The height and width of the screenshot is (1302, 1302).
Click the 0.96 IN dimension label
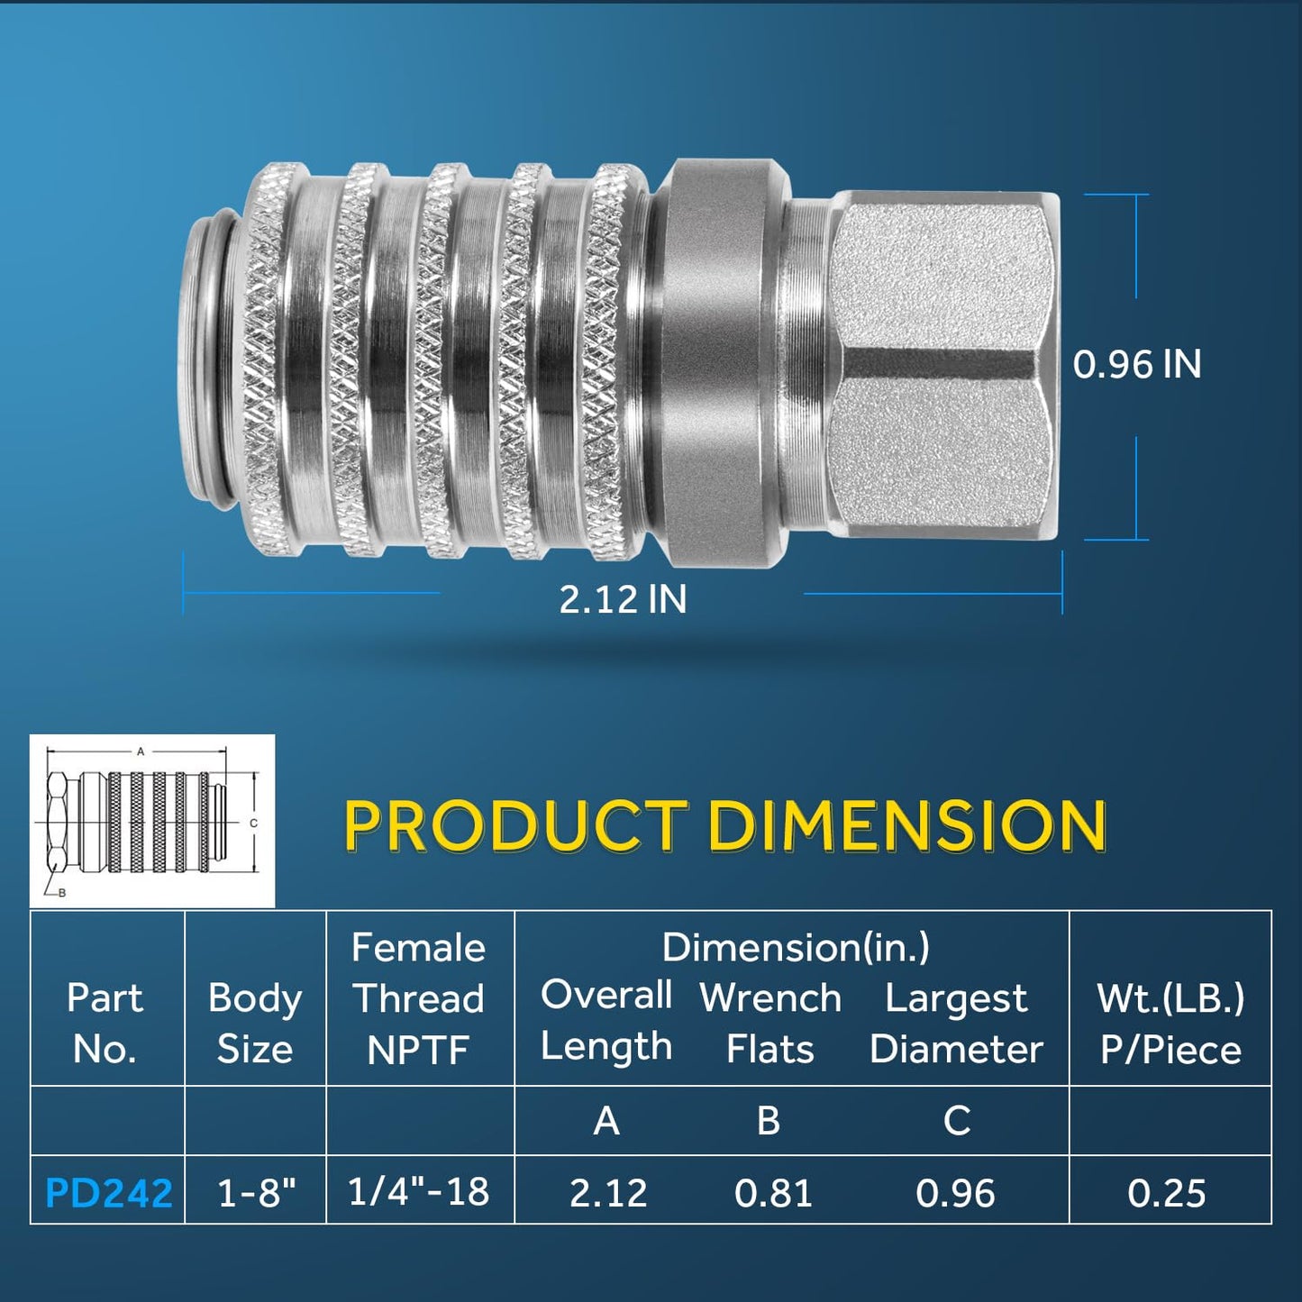pos(1136,365)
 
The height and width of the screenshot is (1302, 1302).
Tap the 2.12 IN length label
pos(623,599)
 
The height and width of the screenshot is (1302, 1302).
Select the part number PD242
pos(108,1193)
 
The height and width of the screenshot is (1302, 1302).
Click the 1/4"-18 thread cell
pos(419,1191)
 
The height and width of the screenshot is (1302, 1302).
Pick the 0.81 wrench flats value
pos(773,1193)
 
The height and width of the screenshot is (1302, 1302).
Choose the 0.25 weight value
pos(1166,1193)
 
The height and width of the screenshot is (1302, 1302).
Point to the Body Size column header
pos(255,1024)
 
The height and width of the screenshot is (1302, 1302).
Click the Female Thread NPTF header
pos(419,998)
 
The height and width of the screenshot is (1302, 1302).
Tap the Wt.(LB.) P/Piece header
pos(1170,1024)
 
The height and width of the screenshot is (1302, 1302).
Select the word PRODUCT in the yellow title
pos(515,825)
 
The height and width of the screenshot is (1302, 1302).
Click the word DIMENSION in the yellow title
pos(906,825)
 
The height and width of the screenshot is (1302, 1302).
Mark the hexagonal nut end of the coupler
pos(942,365)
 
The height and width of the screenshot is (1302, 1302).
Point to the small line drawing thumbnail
pos(152,821)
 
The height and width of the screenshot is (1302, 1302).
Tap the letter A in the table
pos(606,1121)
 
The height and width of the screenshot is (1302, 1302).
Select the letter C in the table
pos(956,1121)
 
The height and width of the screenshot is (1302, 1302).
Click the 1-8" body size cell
pos(257,1193)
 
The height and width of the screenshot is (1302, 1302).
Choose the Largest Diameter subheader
pos(956,1024)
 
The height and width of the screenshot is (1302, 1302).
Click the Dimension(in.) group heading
pos(796,948)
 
